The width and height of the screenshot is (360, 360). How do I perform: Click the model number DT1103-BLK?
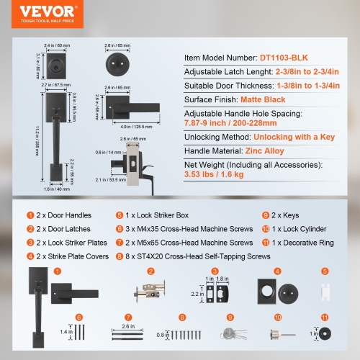[287, 56]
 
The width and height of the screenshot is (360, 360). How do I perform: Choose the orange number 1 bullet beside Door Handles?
[30, 215]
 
